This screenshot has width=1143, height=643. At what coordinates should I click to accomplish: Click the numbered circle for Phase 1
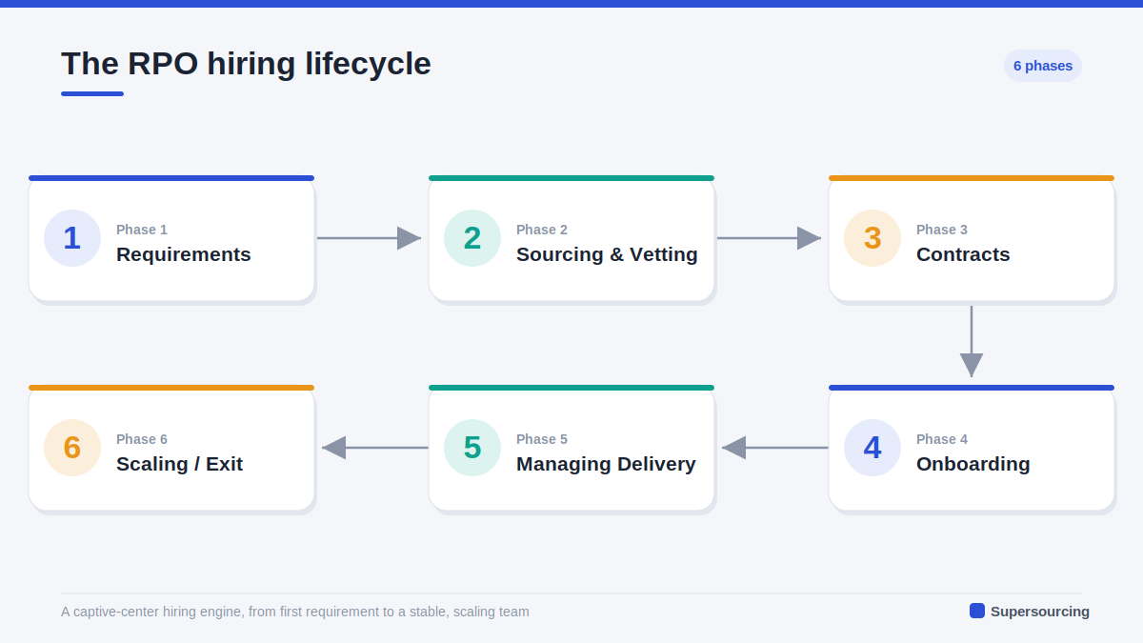pos(72,238)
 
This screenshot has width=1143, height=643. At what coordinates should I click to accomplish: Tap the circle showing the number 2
pos(472,238)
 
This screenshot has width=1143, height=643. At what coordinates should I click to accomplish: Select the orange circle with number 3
pos(872,238)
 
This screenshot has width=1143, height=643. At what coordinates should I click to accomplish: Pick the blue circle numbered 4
pos(872,448)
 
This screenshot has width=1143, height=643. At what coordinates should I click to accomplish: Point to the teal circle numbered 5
pos(472,448)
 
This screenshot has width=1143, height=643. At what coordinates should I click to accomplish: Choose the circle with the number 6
pos(72,448)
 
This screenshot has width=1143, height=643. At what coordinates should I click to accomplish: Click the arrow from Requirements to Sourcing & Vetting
pos(369,238)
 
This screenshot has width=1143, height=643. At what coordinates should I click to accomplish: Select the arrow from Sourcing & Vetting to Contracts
pos(769,238)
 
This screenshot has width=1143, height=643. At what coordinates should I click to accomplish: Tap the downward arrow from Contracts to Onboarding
pos(972,342)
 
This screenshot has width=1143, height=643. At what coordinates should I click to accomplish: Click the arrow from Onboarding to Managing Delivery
pos(775,448)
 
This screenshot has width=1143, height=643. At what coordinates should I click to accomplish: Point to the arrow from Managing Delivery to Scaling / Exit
pos(375,448)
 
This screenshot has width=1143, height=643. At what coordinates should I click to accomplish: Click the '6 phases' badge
pos(1042,66)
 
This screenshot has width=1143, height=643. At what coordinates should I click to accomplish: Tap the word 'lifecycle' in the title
pos(368,65)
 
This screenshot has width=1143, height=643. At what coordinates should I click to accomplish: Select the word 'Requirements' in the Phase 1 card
pos(184,254)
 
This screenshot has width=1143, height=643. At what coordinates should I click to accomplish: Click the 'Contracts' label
pos(963,254)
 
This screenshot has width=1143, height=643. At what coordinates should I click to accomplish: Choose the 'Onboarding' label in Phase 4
pos(973,464)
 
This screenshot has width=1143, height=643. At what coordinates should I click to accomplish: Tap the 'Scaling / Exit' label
pos(180,464)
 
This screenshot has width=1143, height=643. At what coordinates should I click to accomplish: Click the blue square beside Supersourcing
pos(977,611)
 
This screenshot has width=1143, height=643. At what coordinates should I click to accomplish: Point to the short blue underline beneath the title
pos(92,94)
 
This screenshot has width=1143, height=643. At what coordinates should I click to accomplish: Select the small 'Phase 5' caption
pos(542,439)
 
